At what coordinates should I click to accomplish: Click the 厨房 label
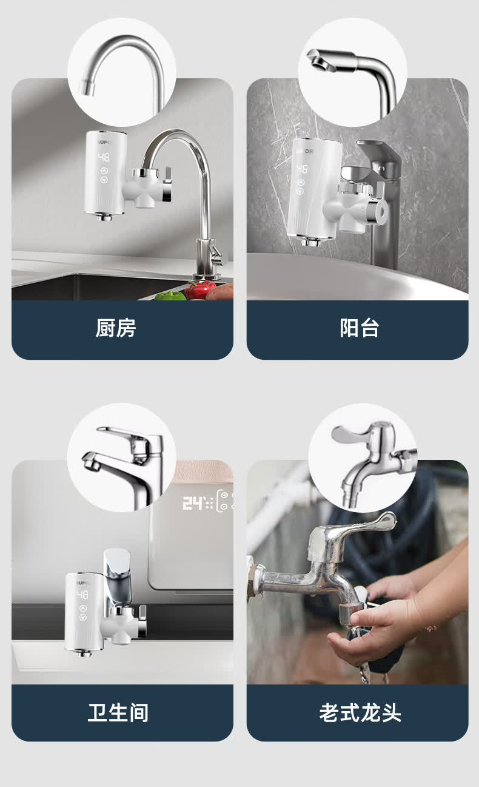coord(116,328)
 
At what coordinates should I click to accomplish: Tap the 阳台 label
coord(359,328)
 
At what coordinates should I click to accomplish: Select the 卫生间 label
coord(118,712)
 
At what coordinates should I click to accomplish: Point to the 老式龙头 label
coord(360,712)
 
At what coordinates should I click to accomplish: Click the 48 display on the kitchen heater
coord(104,157)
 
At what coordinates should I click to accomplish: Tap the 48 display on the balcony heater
coord(302,169)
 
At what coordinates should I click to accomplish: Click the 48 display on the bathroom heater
coord(83,595)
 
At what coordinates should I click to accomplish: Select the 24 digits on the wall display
coord(193,503)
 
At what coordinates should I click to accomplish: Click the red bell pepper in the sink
coord(198,289)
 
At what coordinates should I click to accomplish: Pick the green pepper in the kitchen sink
coord(170,296)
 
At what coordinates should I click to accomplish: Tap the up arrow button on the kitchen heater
coord(105,171)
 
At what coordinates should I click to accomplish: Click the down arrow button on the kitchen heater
coord(105,180)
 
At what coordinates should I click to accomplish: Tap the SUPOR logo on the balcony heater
coord(304,152)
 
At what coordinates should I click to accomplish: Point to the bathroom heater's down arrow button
coord(83,617)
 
